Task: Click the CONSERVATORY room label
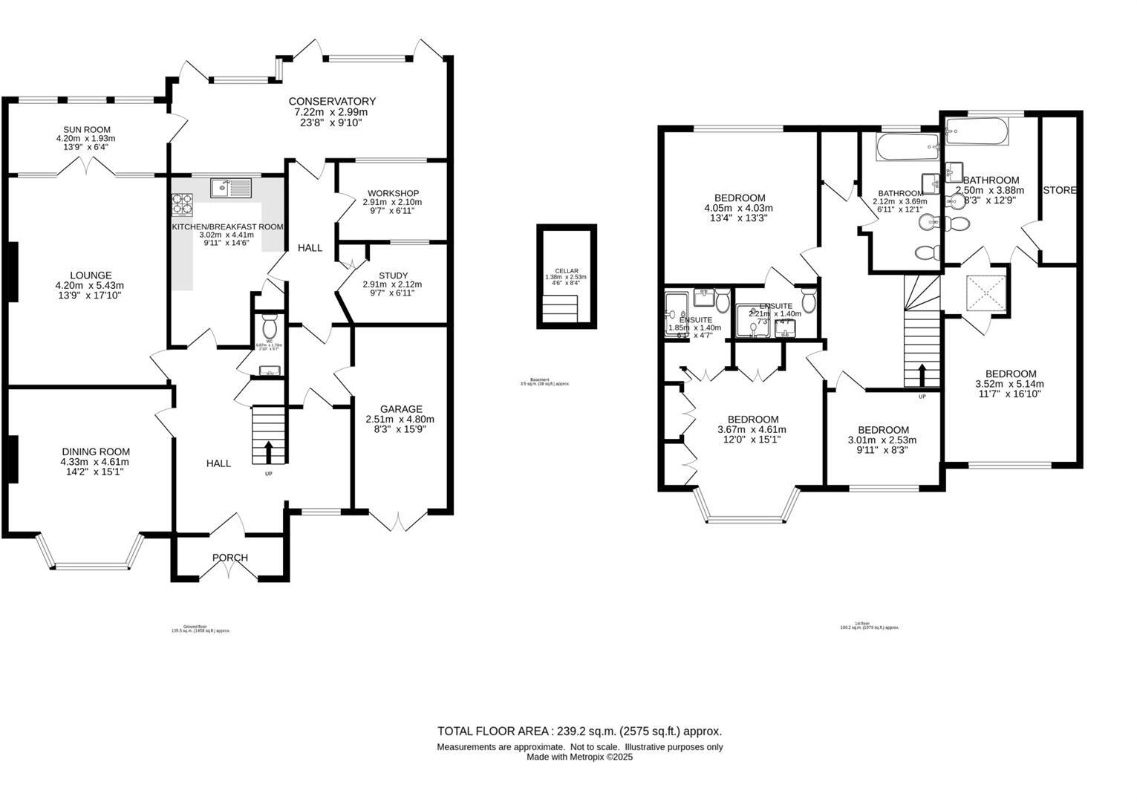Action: (332, 101)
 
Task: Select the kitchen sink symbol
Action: (231, 188)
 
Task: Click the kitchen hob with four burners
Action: (183, 203)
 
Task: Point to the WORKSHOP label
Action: (393, 193)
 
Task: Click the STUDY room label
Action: (393, 276)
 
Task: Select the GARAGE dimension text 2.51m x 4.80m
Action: (401, 419)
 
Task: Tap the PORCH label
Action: (229, 558)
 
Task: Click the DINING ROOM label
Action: (96, 451)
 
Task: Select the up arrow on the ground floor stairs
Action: (268, 450)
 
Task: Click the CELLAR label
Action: (566, 271)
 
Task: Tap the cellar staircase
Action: (561, 309)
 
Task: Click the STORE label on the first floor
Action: (1059, 190)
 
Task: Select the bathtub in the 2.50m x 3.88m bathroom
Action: (976, 133)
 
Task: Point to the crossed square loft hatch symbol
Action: (985, 295)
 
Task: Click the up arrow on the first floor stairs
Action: (922, 375)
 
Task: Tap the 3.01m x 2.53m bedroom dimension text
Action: (883, 440)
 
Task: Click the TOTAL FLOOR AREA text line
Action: (579, 731)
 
